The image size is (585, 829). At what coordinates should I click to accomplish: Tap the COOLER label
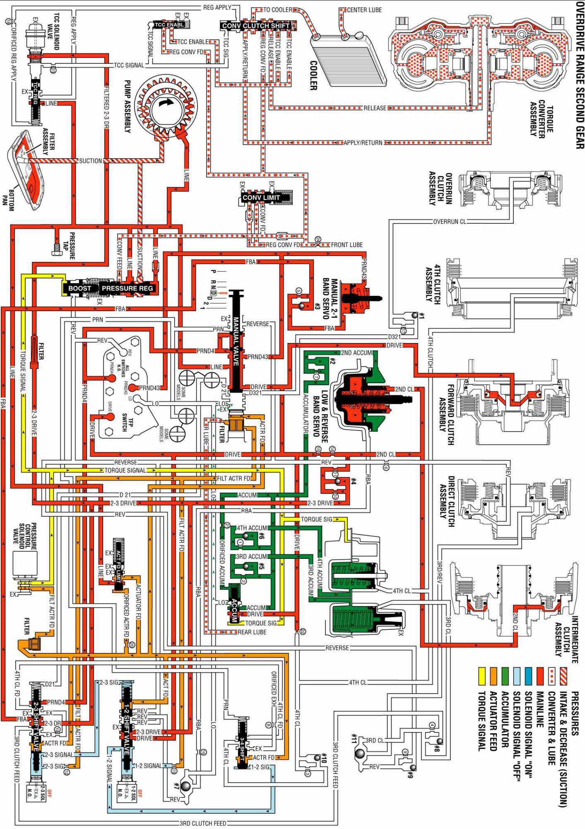click(313, 75)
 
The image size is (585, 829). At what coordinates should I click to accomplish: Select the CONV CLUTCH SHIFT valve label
click(256, 26)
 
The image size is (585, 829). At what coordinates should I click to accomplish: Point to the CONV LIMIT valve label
click(261, 198)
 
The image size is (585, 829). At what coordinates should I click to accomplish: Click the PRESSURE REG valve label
click(128, 288)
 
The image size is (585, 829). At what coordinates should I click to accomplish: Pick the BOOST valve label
click(79, 288)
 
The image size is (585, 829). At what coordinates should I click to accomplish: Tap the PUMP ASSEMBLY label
click(128, 106)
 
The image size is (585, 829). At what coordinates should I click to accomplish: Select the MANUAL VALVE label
click(236, 342)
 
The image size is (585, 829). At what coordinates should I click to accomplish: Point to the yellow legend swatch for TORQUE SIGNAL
click(481, 675)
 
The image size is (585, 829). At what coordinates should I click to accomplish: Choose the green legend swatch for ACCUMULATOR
click(505, 675)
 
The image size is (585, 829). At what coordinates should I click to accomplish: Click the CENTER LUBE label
click(364, 10)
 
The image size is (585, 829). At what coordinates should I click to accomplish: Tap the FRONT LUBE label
click(347, 245)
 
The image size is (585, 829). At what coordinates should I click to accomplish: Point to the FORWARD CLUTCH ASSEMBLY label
click(447, 414)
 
